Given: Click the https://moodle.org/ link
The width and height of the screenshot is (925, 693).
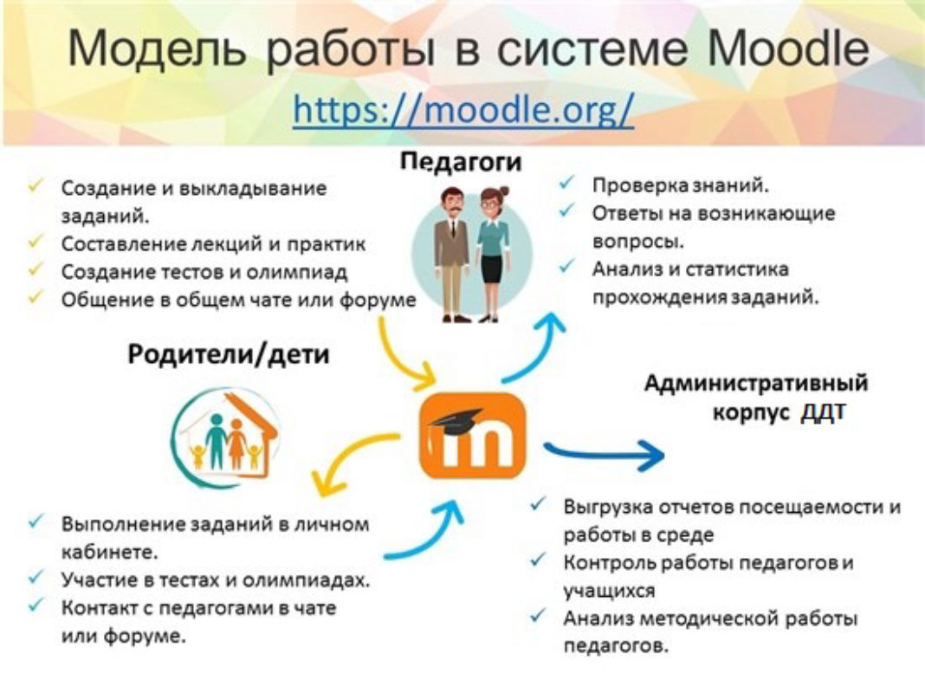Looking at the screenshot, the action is [463, 110].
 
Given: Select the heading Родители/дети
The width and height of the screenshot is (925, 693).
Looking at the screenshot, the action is [229, 355].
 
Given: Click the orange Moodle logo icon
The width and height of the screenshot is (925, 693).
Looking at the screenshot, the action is [472, 436].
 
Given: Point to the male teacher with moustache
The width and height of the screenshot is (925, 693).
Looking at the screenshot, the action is [452, 254].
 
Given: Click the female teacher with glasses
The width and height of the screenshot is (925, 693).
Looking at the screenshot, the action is [492, 254].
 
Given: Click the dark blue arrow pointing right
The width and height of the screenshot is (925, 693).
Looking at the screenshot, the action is [604, 454].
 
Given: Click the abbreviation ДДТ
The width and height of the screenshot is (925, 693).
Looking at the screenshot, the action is [823, 411].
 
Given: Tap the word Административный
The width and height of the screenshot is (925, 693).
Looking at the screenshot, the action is [756, 383].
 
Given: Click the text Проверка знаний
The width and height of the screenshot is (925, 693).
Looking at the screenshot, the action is [681, 185].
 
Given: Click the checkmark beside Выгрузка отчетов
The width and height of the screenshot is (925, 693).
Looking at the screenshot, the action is [538, 504].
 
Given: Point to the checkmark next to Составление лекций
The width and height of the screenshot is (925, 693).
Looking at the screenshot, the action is [36, 241].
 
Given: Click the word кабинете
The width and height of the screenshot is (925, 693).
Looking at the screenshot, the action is [110, 552].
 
